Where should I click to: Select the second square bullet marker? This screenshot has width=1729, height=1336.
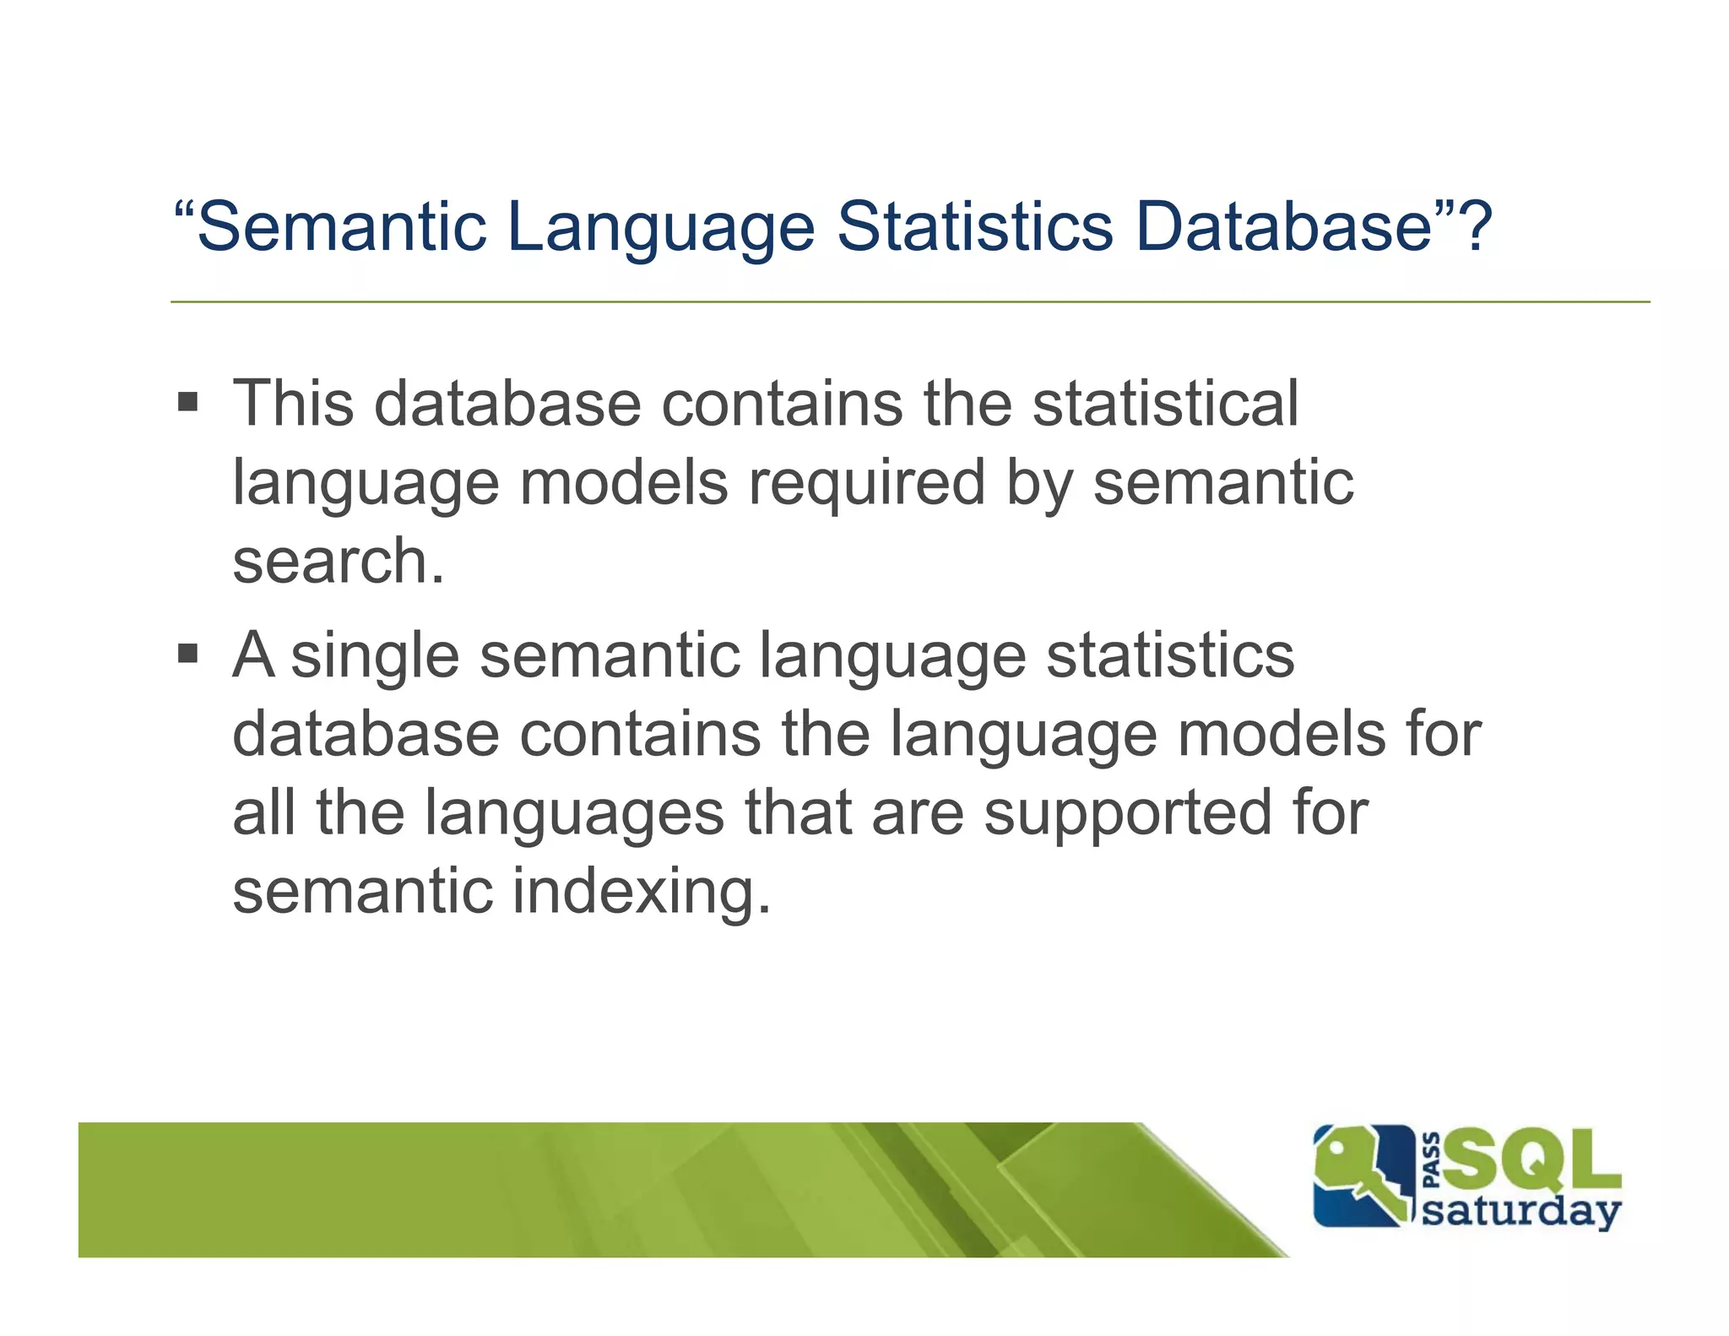(187, 653)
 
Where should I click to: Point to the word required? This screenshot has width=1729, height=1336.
(867, 482)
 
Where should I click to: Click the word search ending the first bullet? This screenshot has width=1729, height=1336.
(330, 562)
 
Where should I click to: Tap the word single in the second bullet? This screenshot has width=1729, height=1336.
(375, 656)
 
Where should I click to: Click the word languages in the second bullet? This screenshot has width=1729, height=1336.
(574, 814)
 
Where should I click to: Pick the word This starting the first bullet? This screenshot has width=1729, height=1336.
(293, 403)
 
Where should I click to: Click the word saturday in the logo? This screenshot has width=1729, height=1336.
(1521, 1211)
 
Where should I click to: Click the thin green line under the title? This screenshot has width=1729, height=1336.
(909, 301)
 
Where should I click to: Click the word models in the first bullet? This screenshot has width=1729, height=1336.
(623, 482)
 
